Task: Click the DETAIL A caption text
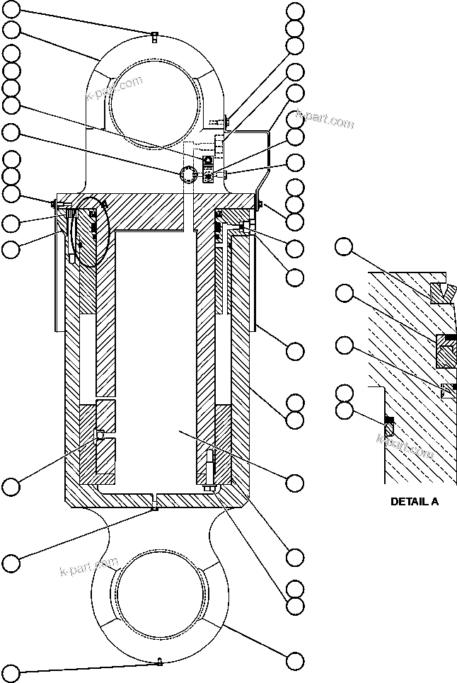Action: (415, 501)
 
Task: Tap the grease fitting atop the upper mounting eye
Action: (153, 37)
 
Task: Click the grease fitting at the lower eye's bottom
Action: (160, 662)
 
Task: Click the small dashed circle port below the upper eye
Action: (189, 175)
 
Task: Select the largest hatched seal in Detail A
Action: (447, 350)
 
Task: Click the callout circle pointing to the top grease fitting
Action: (12, 10)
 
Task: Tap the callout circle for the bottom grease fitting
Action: (12, 670)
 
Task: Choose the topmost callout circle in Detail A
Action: (344, 247)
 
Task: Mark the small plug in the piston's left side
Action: (98, 434)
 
